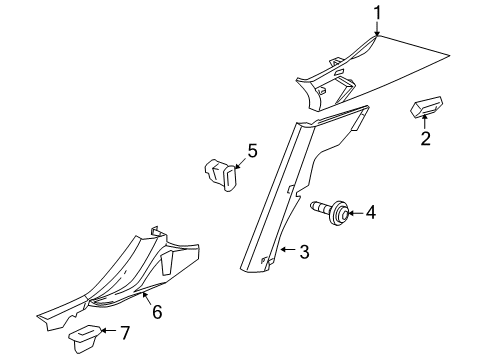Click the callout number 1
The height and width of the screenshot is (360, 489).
click(377, 12)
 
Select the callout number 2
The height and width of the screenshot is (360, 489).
click(425, 139)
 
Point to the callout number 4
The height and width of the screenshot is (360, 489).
click(371, 212)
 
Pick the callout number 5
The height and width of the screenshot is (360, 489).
click(252, 151)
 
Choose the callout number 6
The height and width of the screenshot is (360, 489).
click(155, 312)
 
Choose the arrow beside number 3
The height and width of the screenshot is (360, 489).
click(289, 252)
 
